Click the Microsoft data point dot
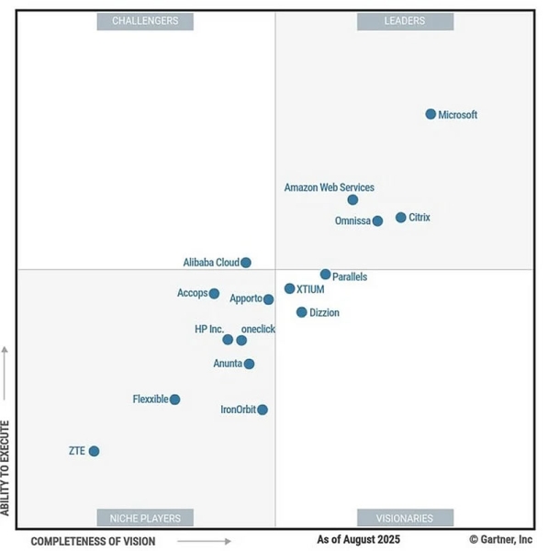(x=431, y=114)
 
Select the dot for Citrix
(x=401, y=218)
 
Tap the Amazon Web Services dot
(x=352, y=199)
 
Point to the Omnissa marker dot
(x=377, y=220)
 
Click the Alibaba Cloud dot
(x=246, y=263)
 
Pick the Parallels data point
(x=325, y=275)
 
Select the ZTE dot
(x=94, y=451)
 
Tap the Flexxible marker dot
(x=175, y=399)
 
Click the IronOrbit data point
(x=263, y=410)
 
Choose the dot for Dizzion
(x=301, y=312)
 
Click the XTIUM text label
(x=311, y=288)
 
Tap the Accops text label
(x=192, y=293)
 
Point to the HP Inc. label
(x=208, y=329)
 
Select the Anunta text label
(x=228, y=364)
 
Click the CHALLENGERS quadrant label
(x=145, y=20)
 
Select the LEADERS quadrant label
(x=404, y=20)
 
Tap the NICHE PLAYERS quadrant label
(x=145, y=517)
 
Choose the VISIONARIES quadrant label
(x=404, y=517)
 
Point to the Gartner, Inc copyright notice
(x=500, y=540)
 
